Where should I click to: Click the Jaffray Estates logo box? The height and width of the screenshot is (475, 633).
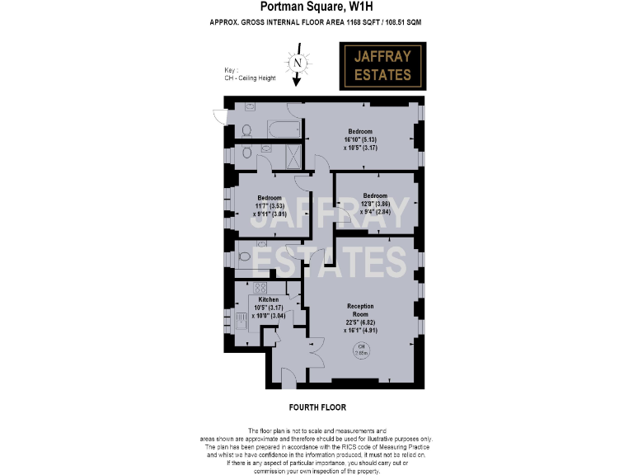click(382, 67)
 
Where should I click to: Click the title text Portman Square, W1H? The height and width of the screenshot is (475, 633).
click(317, 7)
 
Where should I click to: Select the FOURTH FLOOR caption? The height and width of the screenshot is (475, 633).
click(317, 407)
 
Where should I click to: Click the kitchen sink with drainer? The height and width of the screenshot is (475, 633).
click(241, 321)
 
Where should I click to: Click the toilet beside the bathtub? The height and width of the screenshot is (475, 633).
click(246, 129)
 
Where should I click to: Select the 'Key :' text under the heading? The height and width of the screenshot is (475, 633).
click(231, 70)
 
